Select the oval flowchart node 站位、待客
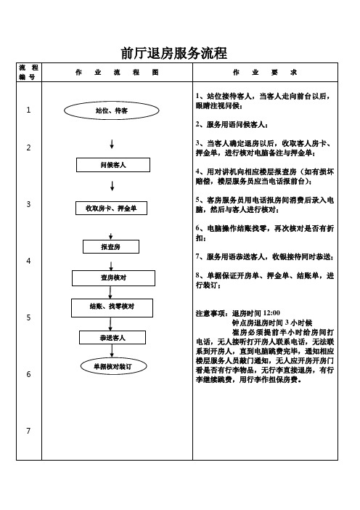coord(112,110)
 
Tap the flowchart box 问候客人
coord(112,166)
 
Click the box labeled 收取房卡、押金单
coord(112,209)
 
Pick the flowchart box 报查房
coord(111,248)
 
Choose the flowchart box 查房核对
coord(112,278)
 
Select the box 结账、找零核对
coord(112,307)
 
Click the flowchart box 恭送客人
coord(112,338)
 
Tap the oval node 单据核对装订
coord(112,367)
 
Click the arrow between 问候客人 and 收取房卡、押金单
coord(112,188)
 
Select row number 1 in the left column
coord(28,110)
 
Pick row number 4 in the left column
coord(28,260)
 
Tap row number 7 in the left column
coord(28,432)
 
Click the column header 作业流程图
coord(116,73)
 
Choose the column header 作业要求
coord(265,73)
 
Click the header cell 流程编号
coord(28,73)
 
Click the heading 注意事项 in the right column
coord(213,313)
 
